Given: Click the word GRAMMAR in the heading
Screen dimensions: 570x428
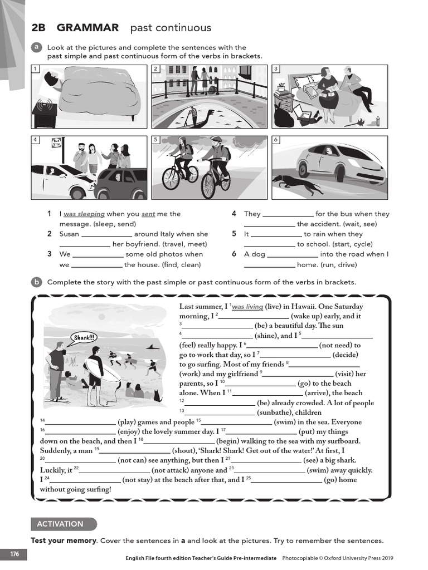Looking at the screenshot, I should coord(87,28).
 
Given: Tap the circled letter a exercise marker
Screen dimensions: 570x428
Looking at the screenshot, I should coord(36,48).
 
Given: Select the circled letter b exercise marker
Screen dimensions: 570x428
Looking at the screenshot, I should coord(36,282).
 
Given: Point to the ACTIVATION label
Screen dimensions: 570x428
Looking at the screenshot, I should coord(60,524).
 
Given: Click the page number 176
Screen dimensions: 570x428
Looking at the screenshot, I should coord(14,554).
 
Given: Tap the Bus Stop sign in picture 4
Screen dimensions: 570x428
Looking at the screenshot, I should coord(56,142).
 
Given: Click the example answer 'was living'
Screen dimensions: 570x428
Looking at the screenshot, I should coord(247,307).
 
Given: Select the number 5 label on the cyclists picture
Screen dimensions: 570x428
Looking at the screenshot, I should coord(156,139).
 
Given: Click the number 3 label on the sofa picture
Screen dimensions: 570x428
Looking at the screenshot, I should coord(276,69).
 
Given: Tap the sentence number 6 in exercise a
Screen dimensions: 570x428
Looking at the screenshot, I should coord(234,254).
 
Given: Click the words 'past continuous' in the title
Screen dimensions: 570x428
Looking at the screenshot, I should coord(171,28).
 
